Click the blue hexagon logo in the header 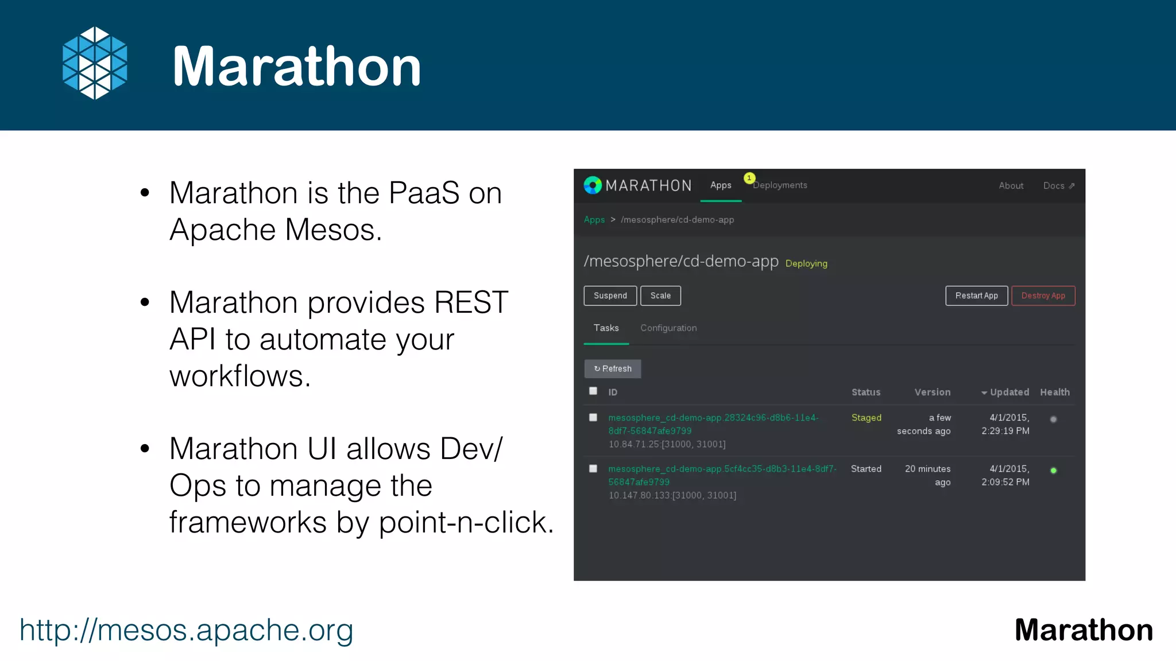[95, 63]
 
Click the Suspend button [610, 295]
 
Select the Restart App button [976, 295]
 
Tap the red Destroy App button [1043, 295]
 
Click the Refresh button [613, 368]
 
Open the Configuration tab [668, 328]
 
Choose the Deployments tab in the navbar [780, 185]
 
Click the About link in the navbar [1011, 186]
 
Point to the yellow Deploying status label [806, 263]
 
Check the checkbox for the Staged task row [593, 417]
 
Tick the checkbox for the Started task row [593, 468]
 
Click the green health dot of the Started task [1053, 471]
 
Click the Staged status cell [866, 418]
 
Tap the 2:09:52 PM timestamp [1005, 482]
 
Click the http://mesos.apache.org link [186, 630]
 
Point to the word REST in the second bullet [471, 302]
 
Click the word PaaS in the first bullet [424, 193]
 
